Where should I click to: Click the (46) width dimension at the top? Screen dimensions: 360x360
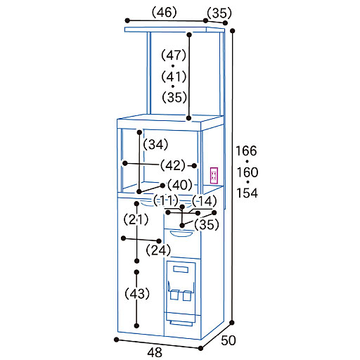(x=164, y=13)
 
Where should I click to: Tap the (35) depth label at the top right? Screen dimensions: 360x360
(x=219, y=13)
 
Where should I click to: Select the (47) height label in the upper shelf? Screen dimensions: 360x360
(x=174, y=56)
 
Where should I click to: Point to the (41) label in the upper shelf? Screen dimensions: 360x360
(x=174, y=77)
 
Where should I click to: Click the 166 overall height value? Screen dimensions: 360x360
(x=246, y=150)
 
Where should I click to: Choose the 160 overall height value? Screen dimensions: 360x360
(x=247, y=172)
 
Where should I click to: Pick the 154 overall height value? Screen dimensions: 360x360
(x=247, y=193)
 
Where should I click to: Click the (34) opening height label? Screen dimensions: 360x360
(x=155, y=144)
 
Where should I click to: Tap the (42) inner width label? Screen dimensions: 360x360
(x=173, y=165)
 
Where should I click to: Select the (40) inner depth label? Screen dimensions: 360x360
(x=180, y=185)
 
